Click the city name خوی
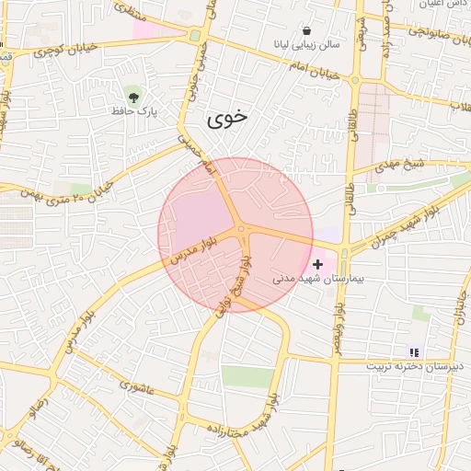pyautogui.click(x=226, y=118)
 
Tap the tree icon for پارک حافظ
pyautogui.click(x=135, y=96)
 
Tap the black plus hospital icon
pyautogui.click(x=318, y=264)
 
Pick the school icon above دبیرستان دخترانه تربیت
pyautogui.click(x=413, y=351)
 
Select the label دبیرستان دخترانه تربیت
pyautogui.click(x=411, y=365)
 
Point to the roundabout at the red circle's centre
pyautogui.click(x=241, y=230)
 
